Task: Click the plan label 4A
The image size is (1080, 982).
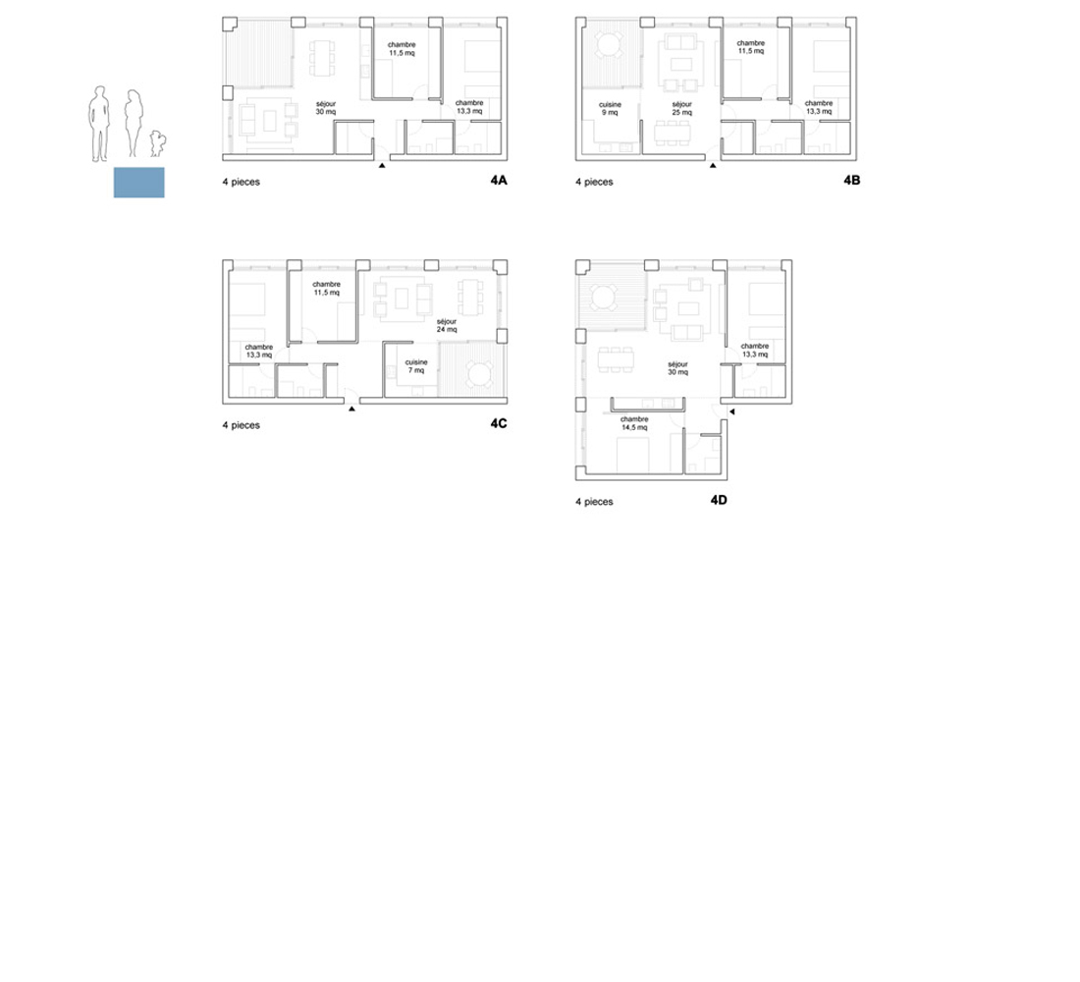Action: click(499, 180)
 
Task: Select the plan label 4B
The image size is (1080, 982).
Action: click(852, 180)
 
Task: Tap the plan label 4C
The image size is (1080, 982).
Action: click(499, 423)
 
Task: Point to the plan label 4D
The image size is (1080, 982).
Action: click(719, 500)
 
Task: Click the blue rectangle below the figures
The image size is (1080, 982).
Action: click(139, 183)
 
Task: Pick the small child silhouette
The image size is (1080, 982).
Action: click(158, 143)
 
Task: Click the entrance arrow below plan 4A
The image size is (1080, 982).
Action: click(382, 165)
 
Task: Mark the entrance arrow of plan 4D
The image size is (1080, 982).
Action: click(732, 411)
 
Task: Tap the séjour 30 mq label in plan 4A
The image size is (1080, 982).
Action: click(326, 107)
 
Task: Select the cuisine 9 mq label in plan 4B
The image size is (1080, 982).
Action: click(610, 108)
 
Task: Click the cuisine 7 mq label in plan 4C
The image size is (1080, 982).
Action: click(416, 366)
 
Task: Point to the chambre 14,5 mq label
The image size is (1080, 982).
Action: click(634, 423)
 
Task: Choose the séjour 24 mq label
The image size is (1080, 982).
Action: click(447, 325)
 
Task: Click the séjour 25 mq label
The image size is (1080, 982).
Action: click(682, 108)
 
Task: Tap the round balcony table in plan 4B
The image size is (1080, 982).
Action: click(609, 45)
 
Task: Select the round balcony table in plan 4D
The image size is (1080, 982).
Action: click(605, 299)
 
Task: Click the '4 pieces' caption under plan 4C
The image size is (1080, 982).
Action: click(242, 425)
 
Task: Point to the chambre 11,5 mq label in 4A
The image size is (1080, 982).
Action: click(402, 49)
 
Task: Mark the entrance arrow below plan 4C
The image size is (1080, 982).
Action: click(351, 409)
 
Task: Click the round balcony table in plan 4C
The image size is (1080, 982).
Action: click(479, 374)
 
